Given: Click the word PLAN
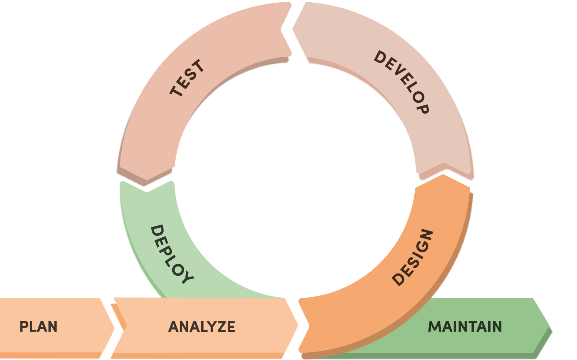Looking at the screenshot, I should (x=38, y=327).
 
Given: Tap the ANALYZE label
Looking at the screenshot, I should (x=202, y=327).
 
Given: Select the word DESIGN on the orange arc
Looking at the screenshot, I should (x=413, y=258).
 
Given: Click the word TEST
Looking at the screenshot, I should (x=187, y=78).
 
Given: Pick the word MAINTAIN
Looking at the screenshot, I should (x=465, y=327).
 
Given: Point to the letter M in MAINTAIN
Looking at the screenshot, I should (x=435, y=327).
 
